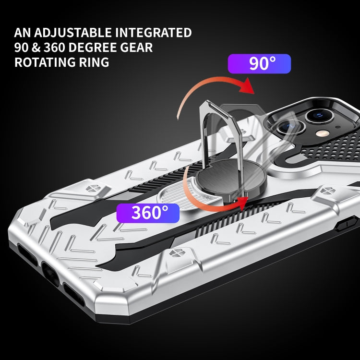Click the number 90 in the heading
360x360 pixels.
[x=22, y=48]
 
